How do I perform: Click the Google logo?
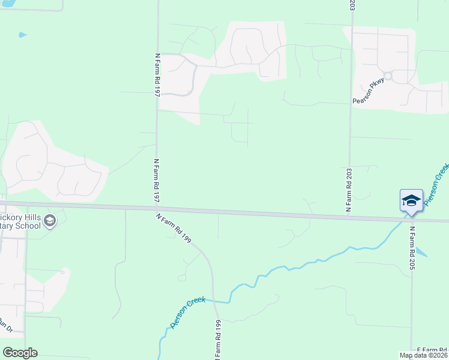coord(20,353)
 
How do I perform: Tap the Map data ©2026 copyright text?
coord(424,355)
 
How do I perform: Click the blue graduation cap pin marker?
coord(411,200)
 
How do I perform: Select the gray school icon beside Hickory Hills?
coord(50,221)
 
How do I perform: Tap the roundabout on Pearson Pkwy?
coord(388,76)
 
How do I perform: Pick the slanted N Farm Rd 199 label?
coord(174,228)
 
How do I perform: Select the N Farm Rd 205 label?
coord(412,248)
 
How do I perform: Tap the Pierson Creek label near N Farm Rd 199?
coord(188,313)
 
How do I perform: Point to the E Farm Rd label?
coord(432,349)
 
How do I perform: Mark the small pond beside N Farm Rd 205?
coord(421,252)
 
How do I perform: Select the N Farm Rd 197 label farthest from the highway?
coord(157,74)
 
